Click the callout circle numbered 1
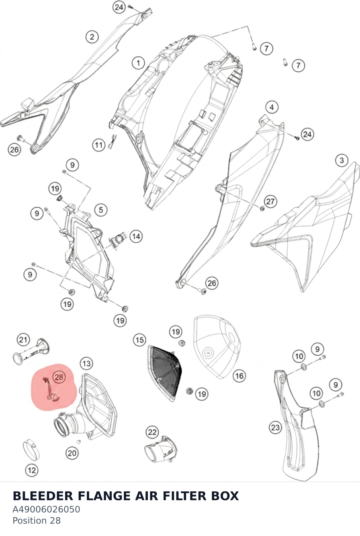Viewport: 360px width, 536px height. click(139, 63)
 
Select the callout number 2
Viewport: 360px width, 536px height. click(92, 37)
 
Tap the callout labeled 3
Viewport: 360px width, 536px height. click(342, 160)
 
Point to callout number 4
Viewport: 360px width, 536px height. click(272, 107)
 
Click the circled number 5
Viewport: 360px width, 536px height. click(101, 210)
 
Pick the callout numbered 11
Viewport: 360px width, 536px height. click(99, 145)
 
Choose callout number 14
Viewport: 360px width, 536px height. click(136, 236)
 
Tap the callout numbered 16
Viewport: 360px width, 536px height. click(239, 376)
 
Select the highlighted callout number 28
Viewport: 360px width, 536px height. click(59, 377)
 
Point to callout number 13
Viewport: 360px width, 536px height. click(86, 364)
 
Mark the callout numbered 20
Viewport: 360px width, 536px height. click(72, 453)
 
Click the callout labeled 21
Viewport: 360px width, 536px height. click(23, 340)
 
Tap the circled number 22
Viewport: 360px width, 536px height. click(152, 432)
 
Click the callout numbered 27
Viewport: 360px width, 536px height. click(270, 201)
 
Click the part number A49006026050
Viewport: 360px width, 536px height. click(46, 510)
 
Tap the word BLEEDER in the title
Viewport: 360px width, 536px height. click(43, 496)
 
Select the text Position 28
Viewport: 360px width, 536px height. click(37, 521)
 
